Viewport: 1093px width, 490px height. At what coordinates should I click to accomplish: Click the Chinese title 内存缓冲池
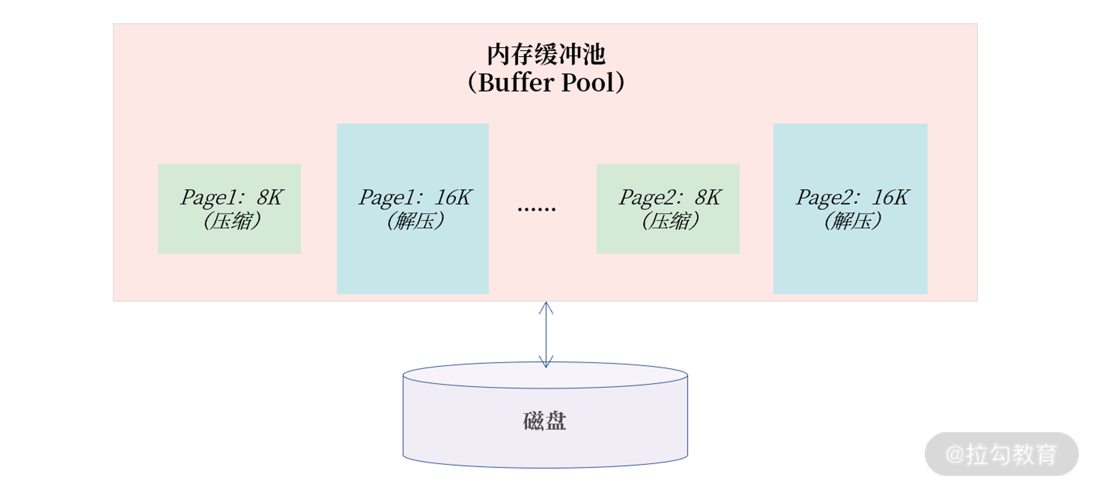click(545, 55)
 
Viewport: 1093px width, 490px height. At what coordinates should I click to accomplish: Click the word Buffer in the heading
click(516, 83)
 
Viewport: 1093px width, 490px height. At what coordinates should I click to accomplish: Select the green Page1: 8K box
click(229, 240)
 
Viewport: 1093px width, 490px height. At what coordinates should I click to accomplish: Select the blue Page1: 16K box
click(412, 262)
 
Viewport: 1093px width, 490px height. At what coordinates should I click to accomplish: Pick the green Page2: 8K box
click(668, 240)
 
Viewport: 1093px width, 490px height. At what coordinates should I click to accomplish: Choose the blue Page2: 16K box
click(850, 262)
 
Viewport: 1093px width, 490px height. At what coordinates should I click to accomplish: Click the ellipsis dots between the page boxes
click(537, 208)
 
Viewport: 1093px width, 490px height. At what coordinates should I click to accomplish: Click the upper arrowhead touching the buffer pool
click(546, 307)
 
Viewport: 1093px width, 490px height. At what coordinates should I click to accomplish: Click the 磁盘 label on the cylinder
click(544, 421)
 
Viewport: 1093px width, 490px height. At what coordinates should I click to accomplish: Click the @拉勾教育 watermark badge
click(1001, 454)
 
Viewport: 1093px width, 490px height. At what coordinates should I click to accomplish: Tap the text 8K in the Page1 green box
click(270, 198)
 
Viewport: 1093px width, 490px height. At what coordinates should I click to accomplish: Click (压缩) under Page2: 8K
click(670, 222)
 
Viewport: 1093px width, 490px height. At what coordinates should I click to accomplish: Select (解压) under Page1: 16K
click(415, 222)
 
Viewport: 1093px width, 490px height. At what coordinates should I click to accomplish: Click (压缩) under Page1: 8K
click(231, 222)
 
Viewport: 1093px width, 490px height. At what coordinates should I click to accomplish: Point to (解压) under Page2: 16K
click(852, 222)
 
